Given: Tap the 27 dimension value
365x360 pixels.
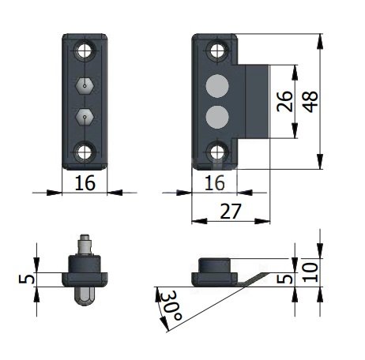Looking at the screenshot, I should tap(231, 212).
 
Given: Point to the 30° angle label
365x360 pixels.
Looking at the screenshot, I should tap(171, 304).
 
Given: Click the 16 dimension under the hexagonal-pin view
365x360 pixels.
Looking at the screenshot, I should tap(84, 183).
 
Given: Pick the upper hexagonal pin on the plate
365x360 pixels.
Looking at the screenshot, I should tap(85, 84).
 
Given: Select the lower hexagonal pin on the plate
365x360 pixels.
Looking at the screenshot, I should tap(85, 117).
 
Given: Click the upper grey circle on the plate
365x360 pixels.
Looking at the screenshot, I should tap(216, 85).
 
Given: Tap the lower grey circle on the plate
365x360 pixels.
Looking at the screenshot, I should tap(216, 117).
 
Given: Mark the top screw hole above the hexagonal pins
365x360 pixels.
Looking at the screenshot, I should tap(85, 53).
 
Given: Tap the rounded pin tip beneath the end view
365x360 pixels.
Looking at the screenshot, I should tap(85, 294).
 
